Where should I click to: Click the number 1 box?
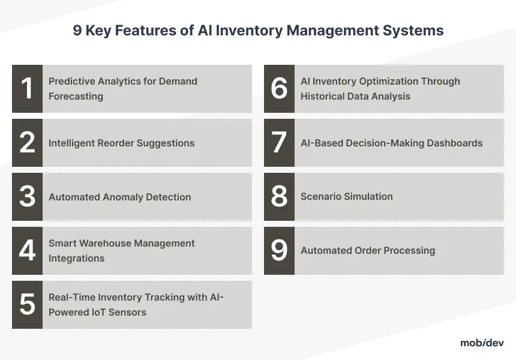coord(28,89)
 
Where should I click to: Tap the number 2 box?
coord(28,143)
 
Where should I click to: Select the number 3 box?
coord(28,197)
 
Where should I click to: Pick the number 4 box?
coord(28,251)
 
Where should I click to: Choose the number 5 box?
coord(28,305)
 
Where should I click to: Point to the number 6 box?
coord(279,89)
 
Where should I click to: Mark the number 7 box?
coord(279,143)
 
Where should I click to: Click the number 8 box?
coord(279,197)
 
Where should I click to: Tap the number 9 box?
coord(279,251)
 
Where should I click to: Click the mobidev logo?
coord(482,343)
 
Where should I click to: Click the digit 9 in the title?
coord(77,30)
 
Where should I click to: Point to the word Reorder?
coord(116,143)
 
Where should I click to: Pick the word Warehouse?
coord(106,243)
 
